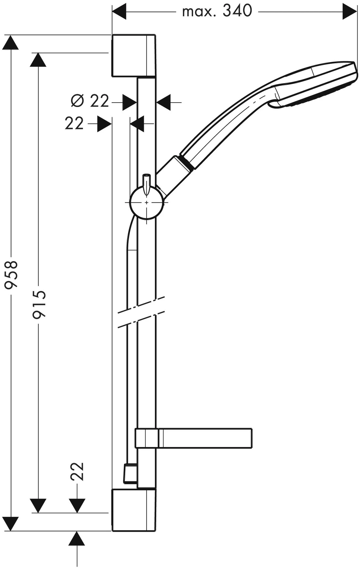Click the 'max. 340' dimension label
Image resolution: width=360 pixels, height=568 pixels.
click(x=217, y=12)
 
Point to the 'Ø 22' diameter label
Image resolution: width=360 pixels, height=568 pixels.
click(x=90, y=101)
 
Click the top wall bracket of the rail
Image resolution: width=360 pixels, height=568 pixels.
click(x=133, y=56)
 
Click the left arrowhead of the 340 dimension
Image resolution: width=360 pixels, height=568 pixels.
click(x=119, y=12)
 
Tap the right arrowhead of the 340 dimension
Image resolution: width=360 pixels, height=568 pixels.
click(x=350, y=12)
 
